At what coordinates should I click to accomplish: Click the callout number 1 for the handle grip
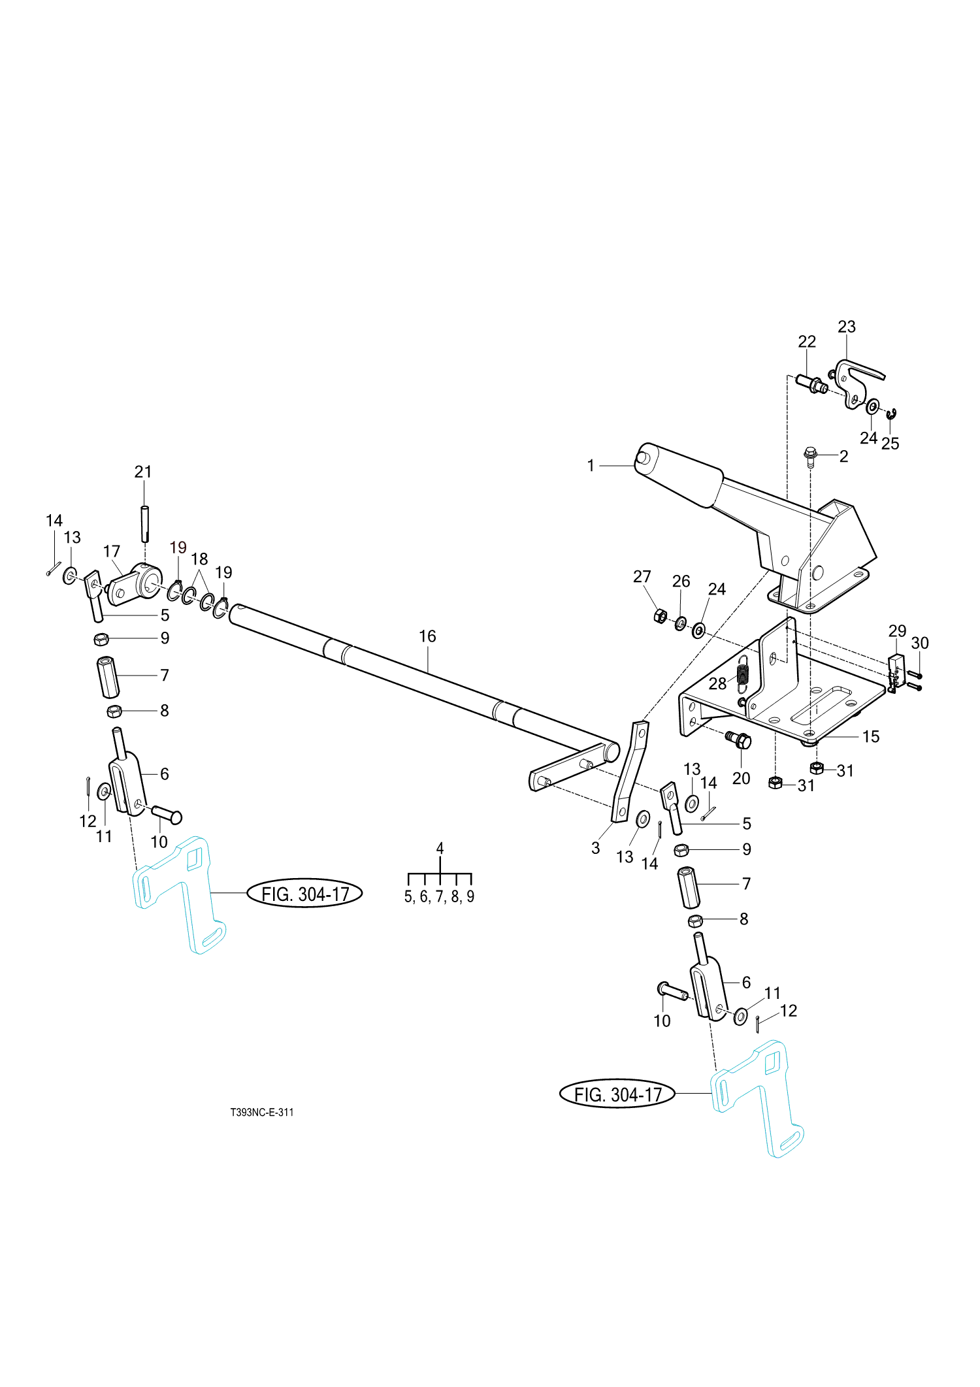pyautogui.click(x=591, y=466)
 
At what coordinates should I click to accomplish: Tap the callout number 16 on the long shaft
pyautogui.click(x=427, y=636)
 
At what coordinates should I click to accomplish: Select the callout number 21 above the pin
pyautogui.click(x=143, y=472)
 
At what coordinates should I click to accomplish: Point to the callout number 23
pyautogui.click(x=847, y=327)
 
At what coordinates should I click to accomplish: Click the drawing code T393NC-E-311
pyautogui.click(x=262, y=1112)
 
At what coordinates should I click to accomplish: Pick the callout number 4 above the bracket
pyautogui.click(x=440, y=848)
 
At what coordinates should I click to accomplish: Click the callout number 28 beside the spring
pyautogui.click(x=717, y=683)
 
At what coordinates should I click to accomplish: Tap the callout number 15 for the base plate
pyautogui.click(x=871, y=737)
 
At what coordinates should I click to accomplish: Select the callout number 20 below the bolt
pyautogui.click(x=741, y=778)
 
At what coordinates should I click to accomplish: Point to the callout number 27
pyautogui.click(x=642, y=576)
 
